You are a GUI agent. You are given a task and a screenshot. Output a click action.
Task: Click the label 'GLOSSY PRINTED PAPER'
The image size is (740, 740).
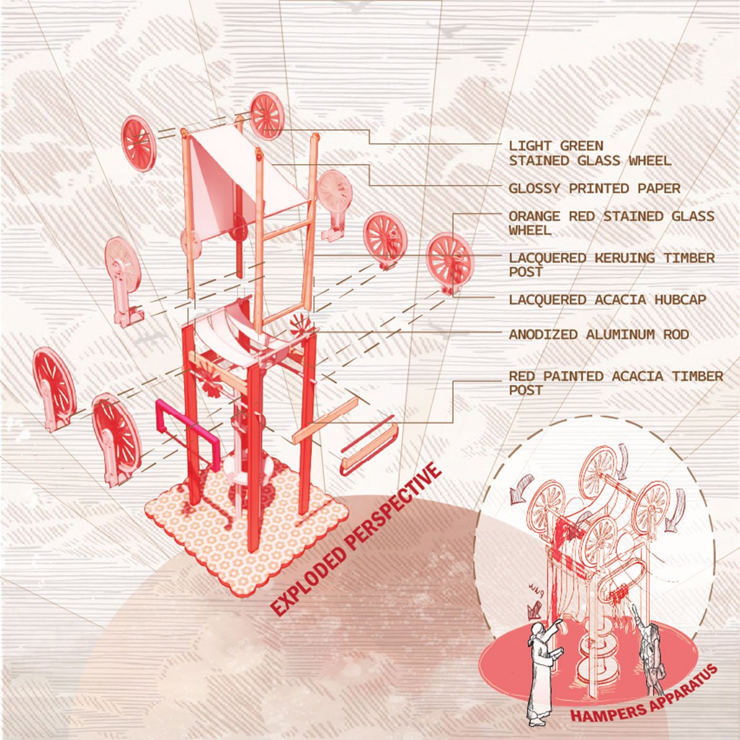click(x=594, y=188)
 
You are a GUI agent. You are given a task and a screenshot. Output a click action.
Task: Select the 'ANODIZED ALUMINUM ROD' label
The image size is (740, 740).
click(x=599, y=335)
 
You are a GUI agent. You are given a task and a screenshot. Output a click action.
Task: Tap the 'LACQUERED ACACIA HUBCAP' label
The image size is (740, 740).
click(x=607, y=299)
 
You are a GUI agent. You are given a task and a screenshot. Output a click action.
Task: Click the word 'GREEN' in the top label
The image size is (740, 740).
click(x=582, y=146)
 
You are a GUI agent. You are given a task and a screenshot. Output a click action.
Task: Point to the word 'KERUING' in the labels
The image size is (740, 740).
click(x=620, y=257)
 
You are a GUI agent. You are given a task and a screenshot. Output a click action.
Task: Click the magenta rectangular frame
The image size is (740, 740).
click(x=187, y=434)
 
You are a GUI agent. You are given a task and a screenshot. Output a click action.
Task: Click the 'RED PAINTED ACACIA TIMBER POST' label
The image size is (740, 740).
click(x=616, y=383)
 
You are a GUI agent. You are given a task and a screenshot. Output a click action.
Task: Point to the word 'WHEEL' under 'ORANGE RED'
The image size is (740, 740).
click(x=530, y=230)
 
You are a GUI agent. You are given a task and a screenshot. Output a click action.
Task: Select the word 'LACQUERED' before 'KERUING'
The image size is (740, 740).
click(x=547, y=257)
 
